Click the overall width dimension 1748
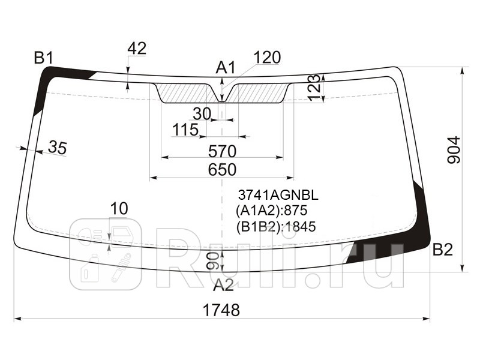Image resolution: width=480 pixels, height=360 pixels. point(221,310)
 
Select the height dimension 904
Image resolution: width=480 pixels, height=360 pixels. point(454,150)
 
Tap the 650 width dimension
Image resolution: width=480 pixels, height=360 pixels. point(222,169)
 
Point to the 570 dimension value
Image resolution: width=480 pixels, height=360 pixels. point(222,151)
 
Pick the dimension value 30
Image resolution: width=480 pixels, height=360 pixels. point(202,114)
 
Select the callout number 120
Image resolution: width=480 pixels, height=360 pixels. point(267,57)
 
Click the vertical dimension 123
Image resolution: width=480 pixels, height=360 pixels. point(314,88)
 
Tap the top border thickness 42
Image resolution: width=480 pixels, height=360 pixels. point(137,49)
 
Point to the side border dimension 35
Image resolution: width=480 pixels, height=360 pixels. point(57,148)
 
